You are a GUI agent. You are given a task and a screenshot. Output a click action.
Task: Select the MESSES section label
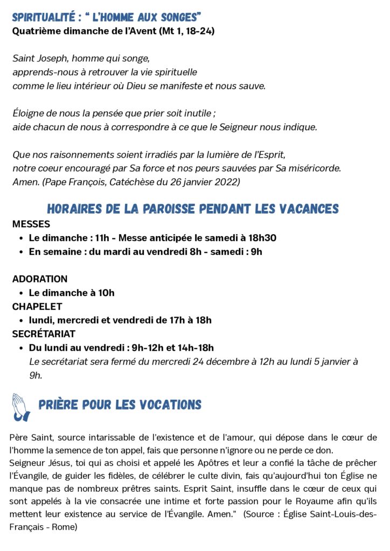(31, 224)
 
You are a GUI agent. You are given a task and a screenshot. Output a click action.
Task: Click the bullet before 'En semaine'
(21, 251)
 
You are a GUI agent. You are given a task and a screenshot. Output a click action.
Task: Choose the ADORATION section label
(40, 279)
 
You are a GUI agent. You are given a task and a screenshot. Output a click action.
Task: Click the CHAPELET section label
(37, 307)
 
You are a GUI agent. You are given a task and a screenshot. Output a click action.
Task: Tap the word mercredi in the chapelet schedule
(78, 320)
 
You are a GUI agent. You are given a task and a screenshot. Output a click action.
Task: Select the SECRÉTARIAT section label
(44, 334)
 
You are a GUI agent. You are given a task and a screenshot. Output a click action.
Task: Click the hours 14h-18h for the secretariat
(193, 348)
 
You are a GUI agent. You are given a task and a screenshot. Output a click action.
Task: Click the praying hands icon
(21, 407)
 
